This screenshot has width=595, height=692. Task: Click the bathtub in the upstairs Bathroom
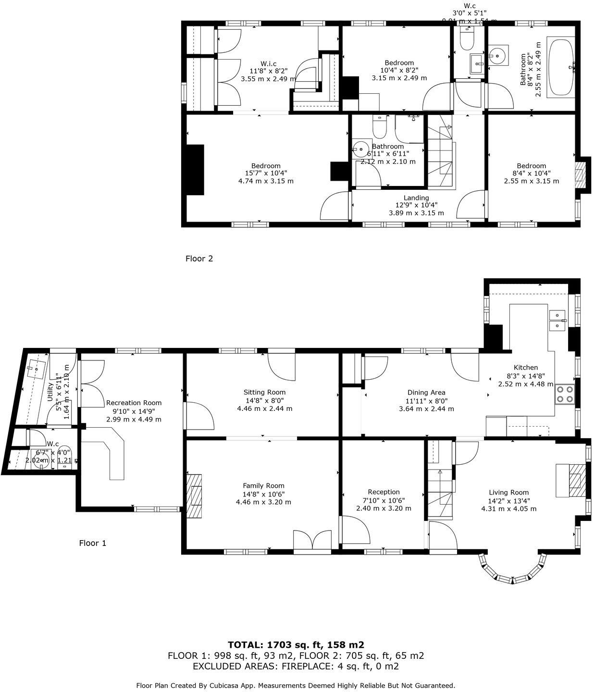[561, 67]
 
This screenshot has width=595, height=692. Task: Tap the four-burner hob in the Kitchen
[565, 394]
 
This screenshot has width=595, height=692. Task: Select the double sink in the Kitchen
[557, 320]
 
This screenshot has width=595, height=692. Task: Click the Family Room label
[263, 485]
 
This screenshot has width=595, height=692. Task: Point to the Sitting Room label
[264, 392]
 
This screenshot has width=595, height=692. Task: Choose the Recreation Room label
[134, 403]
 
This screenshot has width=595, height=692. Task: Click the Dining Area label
[426, 392]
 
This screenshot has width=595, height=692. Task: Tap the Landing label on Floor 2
[416, 198]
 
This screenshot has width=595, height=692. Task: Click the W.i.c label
[268, 63]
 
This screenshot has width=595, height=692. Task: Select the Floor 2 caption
[199, 259]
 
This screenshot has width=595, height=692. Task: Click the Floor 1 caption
[92, 543]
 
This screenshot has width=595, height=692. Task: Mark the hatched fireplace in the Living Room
[577, 481]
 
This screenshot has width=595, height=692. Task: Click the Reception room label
[384, 492]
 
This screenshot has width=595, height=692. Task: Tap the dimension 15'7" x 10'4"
[266, 173]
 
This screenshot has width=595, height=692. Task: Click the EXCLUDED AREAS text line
[296, 666]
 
